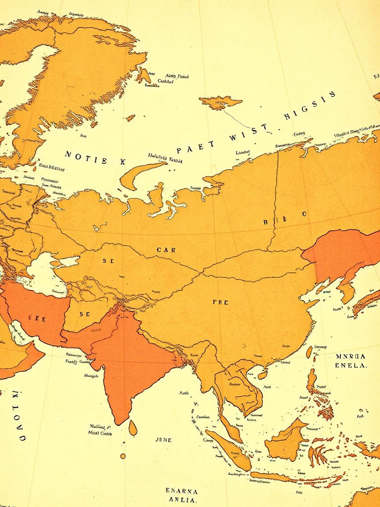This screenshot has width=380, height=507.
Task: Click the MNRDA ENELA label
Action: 350,361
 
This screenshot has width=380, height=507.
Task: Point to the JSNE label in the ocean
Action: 163,439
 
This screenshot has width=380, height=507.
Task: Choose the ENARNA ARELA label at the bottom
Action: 182,496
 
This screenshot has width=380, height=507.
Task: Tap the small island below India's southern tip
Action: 133,428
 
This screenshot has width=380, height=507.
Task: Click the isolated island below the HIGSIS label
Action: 220,102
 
